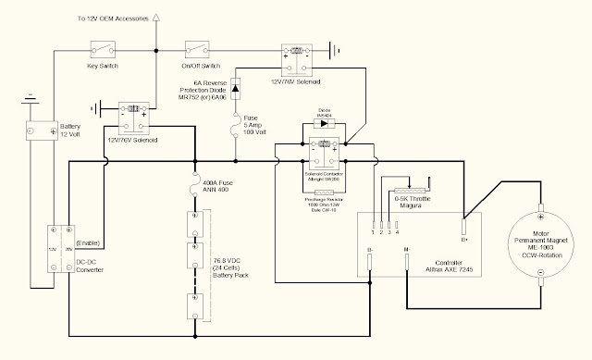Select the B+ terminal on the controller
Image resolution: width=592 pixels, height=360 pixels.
pyautogui.click(x=465, y=223)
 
